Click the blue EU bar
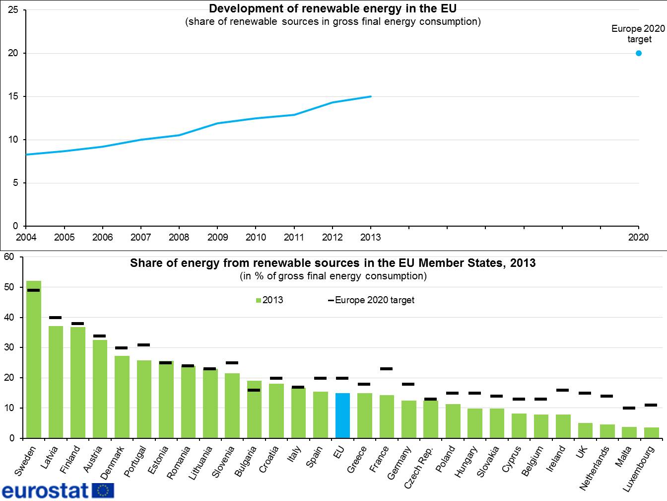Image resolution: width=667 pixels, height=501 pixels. pyautogui.click(x=342, y=416)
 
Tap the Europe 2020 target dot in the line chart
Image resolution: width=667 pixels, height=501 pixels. pyautogui.click(x=639, y=53)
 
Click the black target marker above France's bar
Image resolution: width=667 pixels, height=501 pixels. pyautogui.click(x=387, y=369)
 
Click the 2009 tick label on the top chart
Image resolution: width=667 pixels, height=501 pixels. pyautogui.click(x=217, y=237)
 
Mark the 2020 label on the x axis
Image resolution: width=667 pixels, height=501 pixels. pyautogui.click(x=638, y=237)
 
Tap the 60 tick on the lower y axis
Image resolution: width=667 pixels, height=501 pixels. pyautogui.click(x=8, y=257)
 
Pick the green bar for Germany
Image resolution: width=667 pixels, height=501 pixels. pyautogui.click(x=409, y=419)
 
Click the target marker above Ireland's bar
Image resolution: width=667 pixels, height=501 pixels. pyautogui.click(x=563, y=390)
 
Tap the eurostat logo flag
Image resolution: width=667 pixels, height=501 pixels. pyautogui.click(x=103, y=491)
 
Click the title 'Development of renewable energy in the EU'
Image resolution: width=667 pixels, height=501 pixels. pyautogui.click(x=333, y=8)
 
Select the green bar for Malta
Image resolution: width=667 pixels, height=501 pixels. pyautogui.click(x=629, y=432)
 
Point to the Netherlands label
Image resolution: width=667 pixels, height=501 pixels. pyautogui.click(x=595, y=467)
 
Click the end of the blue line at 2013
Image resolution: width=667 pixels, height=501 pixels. pyautogui.click(x=371, y=96)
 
